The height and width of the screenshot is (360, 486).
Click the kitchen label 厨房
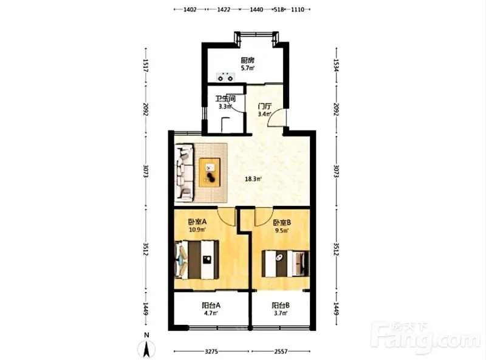(x=247, y=60)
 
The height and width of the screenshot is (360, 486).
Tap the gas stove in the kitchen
(x=225, y=76)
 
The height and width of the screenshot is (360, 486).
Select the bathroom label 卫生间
(x=225, y=99)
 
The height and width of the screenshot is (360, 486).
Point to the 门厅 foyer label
(x=265, y=106)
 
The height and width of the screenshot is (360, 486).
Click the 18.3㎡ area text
(x=253, y=178)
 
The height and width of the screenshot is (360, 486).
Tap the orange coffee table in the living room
(x=210, y=172)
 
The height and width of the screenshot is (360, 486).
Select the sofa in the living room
(x=185, y=172)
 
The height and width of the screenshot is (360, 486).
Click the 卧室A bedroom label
(x=197, y=222)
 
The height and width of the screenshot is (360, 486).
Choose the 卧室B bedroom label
(x=282, y=222)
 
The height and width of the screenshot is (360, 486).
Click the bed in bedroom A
(x=196, y=260)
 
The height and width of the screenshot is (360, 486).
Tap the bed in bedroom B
(x=286, y=263)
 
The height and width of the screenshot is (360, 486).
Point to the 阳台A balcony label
(x=211, y=305)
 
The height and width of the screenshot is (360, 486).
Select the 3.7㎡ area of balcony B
(x=281, y=313)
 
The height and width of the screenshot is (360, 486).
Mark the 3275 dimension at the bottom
(x=211, y=352)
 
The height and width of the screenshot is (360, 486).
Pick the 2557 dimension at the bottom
(x=281, y=352)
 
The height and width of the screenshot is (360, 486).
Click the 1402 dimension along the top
(x=190, y=9)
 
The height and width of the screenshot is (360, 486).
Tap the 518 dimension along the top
(x=279, y=9)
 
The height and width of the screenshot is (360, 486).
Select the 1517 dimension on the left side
(x=146, y=66)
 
